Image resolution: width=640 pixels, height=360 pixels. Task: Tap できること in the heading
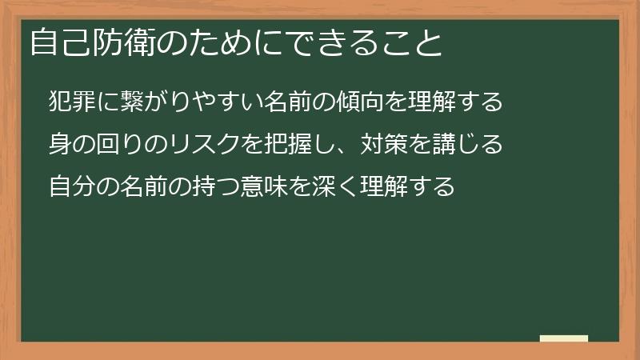click(x=376, y=42)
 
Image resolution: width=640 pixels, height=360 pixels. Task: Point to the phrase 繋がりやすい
click(x=186, y=102)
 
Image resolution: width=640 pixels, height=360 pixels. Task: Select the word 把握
click(x=266, y=145)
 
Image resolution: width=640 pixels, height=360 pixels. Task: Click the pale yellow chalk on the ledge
click(x=564, y=338)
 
